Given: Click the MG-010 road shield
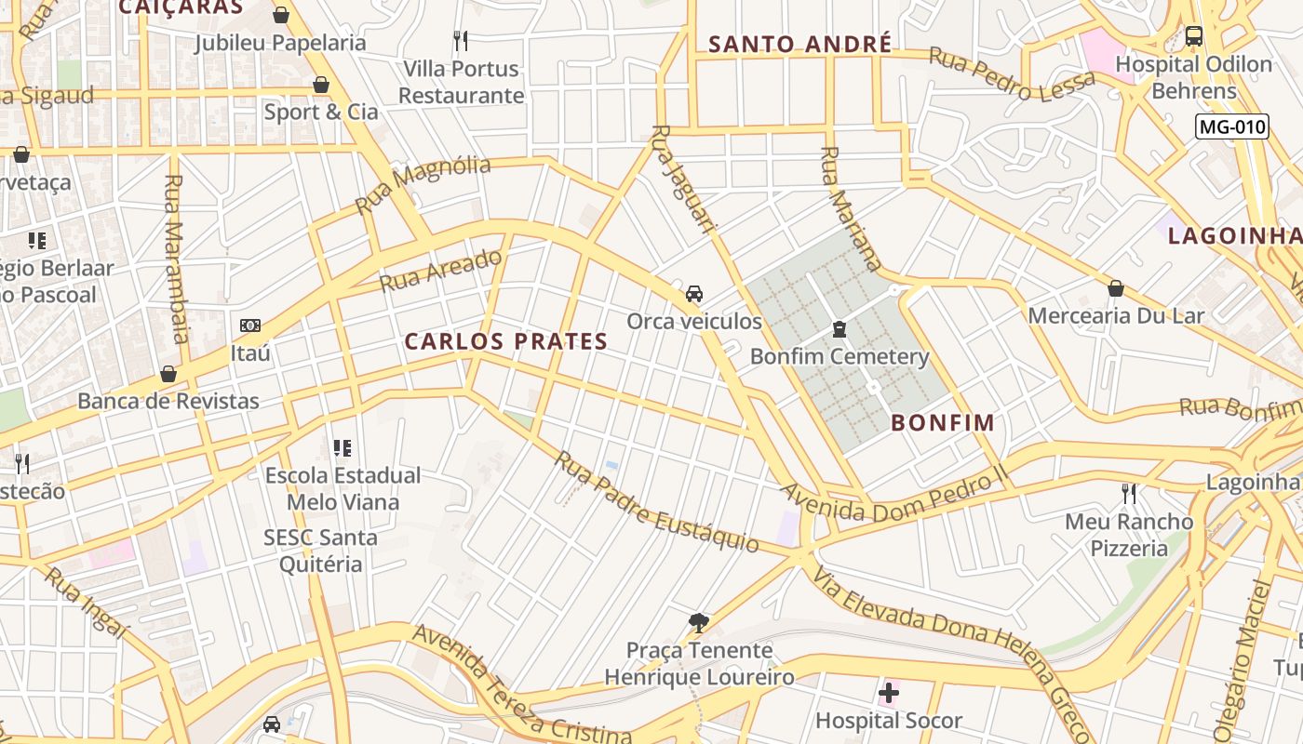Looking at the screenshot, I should click(1232, 127).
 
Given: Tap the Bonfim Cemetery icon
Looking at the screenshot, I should click(840, 329).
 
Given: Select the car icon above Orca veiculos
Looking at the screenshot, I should click(694, 294).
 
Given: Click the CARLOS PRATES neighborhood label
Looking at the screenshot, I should click(506, 341).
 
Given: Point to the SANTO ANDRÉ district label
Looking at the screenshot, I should click(800, 44).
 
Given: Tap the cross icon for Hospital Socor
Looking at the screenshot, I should click(889, 693).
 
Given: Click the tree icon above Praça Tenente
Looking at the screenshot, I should click(698, 622).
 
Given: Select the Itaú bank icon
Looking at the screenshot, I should click(250, 325).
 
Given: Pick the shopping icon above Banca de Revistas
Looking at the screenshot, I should click(168, 374).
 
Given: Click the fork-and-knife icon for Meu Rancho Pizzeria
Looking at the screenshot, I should click(1129, 493).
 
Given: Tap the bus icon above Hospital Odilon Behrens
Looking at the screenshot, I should click(1193, 36).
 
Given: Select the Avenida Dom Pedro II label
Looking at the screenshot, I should click(893, 498).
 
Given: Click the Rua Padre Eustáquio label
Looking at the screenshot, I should click(656, 502).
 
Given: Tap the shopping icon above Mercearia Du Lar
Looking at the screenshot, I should click(1116, 288).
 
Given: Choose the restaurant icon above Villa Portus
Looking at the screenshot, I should click(461, 40).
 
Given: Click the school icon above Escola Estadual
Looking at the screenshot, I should click(343, 448).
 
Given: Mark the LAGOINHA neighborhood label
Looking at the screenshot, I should click(1234, 235).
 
